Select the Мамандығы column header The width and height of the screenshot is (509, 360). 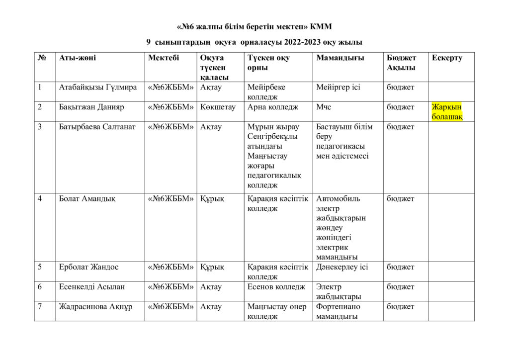[x=340, y=58]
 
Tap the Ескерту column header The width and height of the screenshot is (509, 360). [x=447, y=58]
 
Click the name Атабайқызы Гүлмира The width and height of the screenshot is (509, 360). [x=98, y=87]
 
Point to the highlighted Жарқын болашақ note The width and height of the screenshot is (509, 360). [x=447, y=112]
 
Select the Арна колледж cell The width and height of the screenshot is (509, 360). [x=273, y=107]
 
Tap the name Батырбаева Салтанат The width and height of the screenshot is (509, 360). [x=97, y=127]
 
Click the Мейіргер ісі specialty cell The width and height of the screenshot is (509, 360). [x=338, y=87]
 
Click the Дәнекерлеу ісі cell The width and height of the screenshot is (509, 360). [x=342, y=267]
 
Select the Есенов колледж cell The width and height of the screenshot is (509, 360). [x=276, y=287]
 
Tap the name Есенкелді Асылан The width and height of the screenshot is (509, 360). [x=92, y=287]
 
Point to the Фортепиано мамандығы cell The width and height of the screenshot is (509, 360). [x=338, y=311]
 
